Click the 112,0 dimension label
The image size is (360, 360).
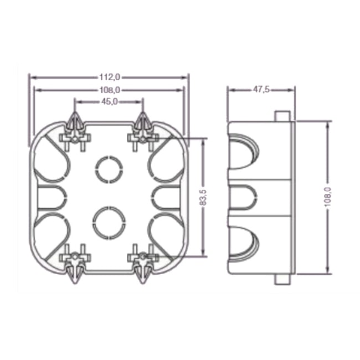109,77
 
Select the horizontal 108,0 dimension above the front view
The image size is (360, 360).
109,90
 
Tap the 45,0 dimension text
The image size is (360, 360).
109,101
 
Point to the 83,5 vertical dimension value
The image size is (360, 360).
203,198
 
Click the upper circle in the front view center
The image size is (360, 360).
109,168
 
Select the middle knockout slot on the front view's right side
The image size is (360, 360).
166,197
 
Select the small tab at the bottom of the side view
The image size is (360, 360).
282,279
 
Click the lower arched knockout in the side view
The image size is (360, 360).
244,244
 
